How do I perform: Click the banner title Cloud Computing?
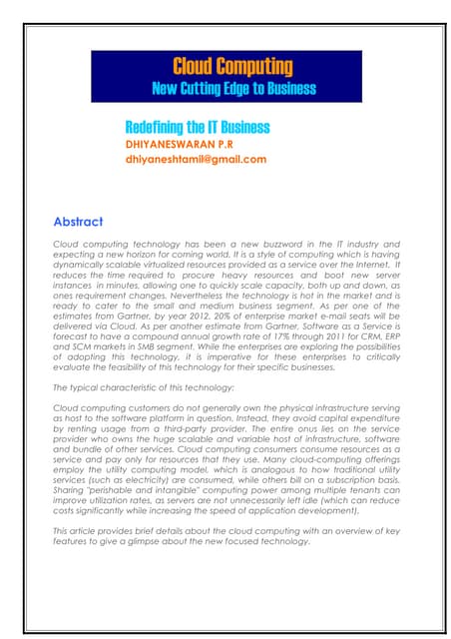coord(232,68)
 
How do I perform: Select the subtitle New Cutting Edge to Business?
coord(232,89)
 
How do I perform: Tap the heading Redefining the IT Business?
coord(197,128)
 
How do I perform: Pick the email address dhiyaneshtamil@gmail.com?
coord(196,159)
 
